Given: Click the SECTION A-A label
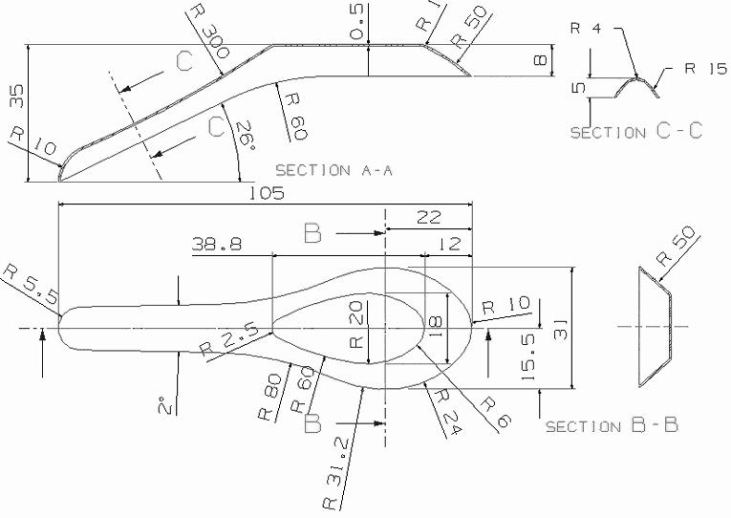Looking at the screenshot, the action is tap(334, 171).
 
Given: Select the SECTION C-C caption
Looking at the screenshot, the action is tap(636, 132).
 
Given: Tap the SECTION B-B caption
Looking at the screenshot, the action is tap(612, 425).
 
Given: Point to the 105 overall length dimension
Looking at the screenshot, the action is tap(267, 193).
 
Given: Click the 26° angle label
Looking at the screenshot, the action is tap(246, 136).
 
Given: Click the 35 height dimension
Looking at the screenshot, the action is tap(17, 97).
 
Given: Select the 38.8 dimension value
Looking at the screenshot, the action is tap(217, 244).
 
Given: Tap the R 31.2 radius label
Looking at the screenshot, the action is tap(336, 475).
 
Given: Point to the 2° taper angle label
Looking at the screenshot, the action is tap(165, 405).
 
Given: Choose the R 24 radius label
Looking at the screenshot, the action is tap(446, 412).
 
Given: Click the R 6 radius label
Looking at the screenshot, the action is tap(496, 412).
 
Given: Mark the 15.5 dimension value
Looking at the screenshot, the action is tap(527, 356).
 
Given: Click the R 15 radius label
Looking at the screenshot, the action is tap(705, 69).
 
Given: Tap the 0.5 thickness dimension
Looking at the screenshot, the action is tap(357, 29).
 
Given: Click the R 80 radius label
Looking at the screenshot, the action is tap(270, 398).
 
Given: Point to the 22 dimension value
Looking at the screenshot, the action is tap(428, 217).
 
